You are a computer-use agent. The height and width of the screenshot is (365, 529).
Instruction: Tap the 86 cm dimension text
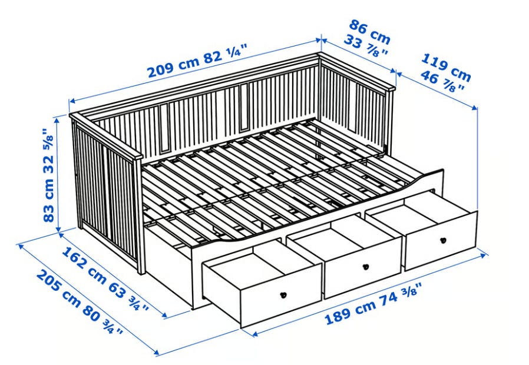pyautogui.click(x=370, y=32)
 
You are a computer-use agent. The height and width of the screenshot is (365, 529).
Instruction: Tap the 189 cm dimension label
pyautogui.click(x=350, y=311)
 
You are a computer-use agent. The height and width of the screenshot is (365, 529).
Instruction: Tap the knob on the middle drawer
pyautogui.click(x=365, y=267)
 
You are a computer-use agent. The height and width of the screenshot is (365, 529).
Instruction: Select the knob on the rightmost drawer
pyautogui.click(x=444, y=240)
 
